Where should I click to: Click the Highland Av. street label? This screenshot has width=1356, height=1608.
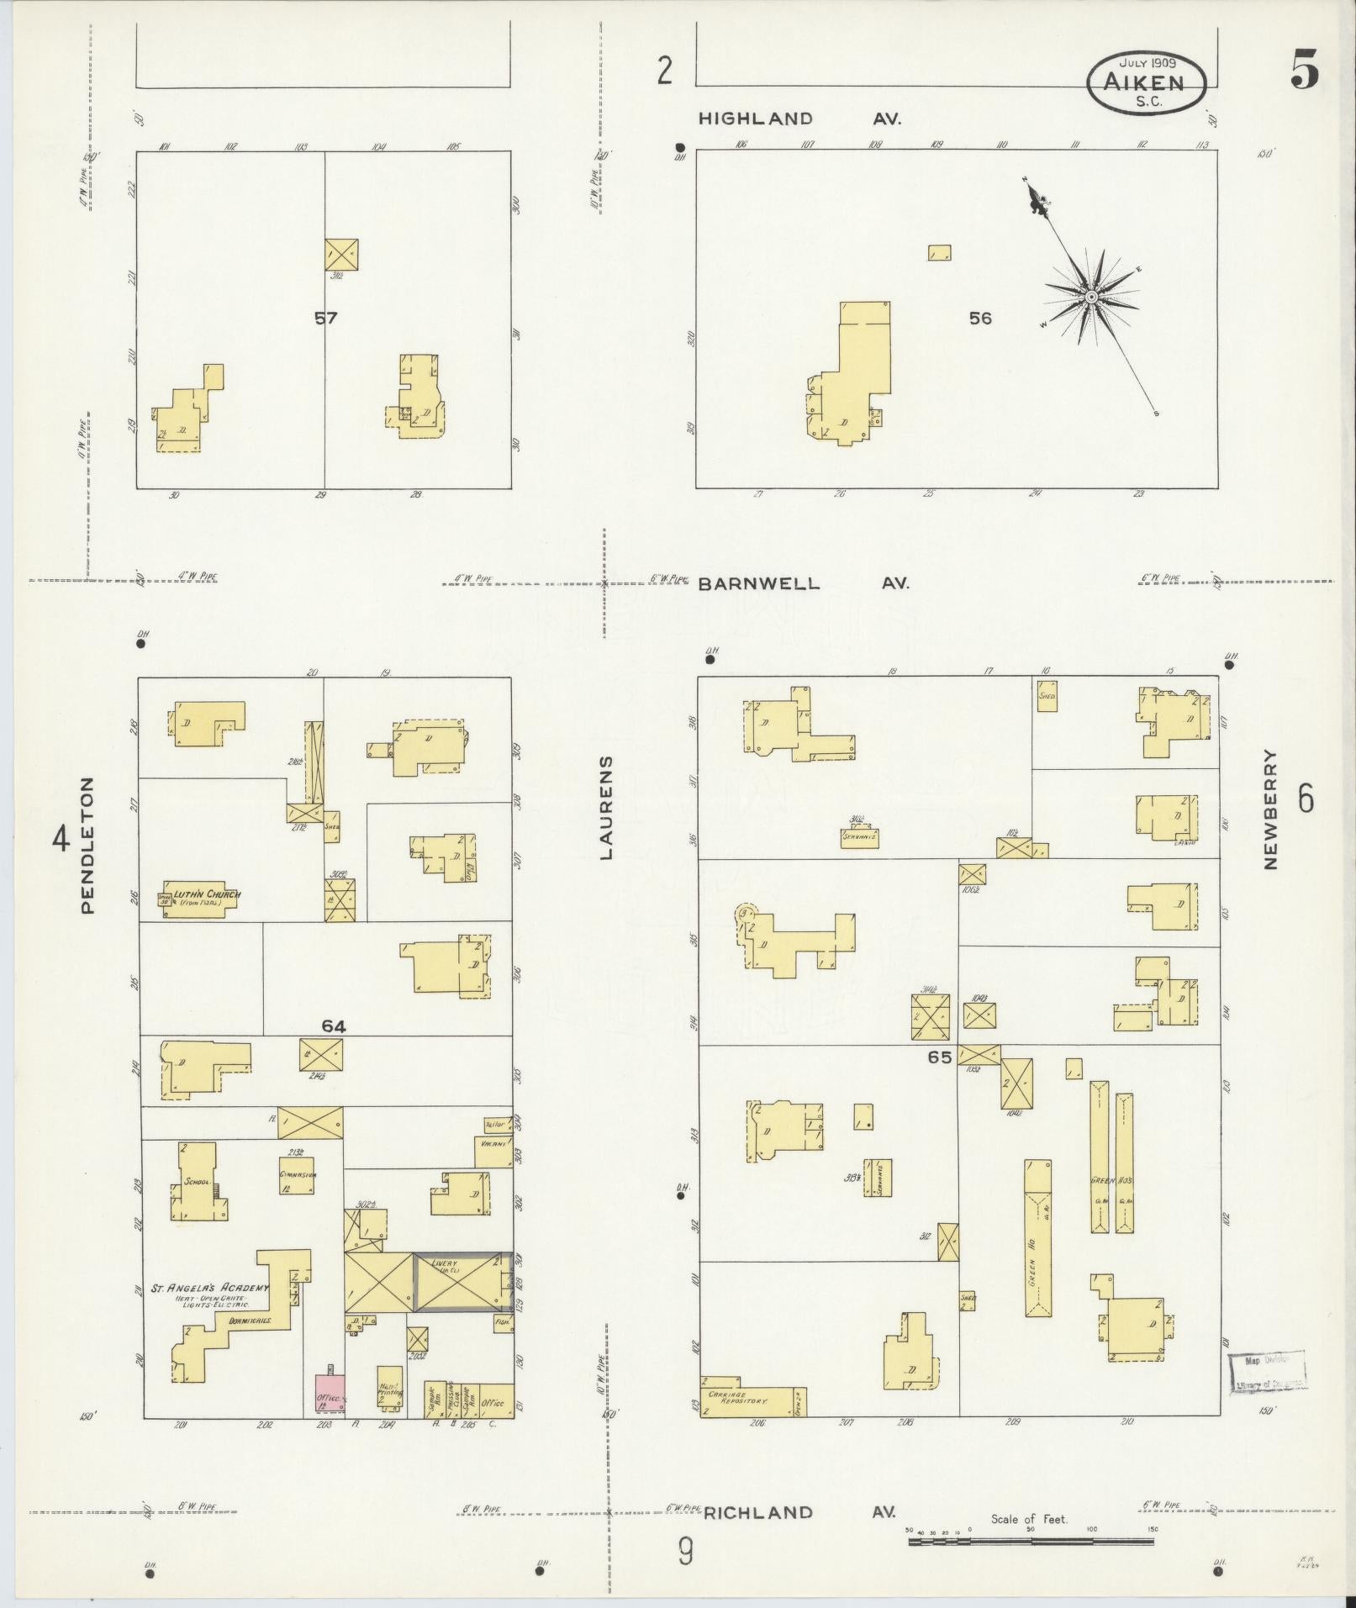click(802, 119)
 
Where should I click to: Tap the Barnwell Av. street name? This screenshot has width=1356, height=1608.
click(803, 583)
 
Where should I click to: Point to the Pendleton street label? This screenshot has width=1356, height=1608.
click(87, 845)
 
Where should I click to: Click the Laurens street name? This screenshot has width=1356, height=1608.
click(606, 807)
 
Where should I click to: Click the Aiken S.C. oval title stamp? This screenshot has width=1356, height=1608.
click(1146, 83)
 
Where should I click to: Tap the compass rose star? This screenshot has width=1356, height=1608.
click(1090, 297)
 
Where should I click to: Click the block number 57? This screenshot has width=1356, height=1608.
click(325, 318)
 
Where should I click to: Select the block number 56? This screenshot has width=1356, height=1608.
click(979, 318)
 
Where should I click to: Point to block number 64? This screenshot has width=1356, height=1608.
click(333, 1025)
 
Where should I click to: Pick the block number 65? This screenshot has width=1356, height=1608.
click(939, 1057)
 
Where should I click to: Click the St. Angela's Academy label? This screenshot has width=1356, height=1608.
click(210, 1288)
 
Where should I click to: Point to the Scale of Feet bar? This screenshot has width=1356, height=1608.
click(1030, 1542)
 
